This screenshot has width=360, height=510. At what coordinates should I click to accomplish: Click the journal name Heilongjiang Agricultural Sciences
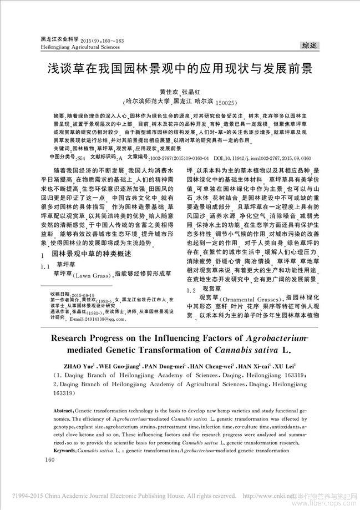click(x=76, y=48)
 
